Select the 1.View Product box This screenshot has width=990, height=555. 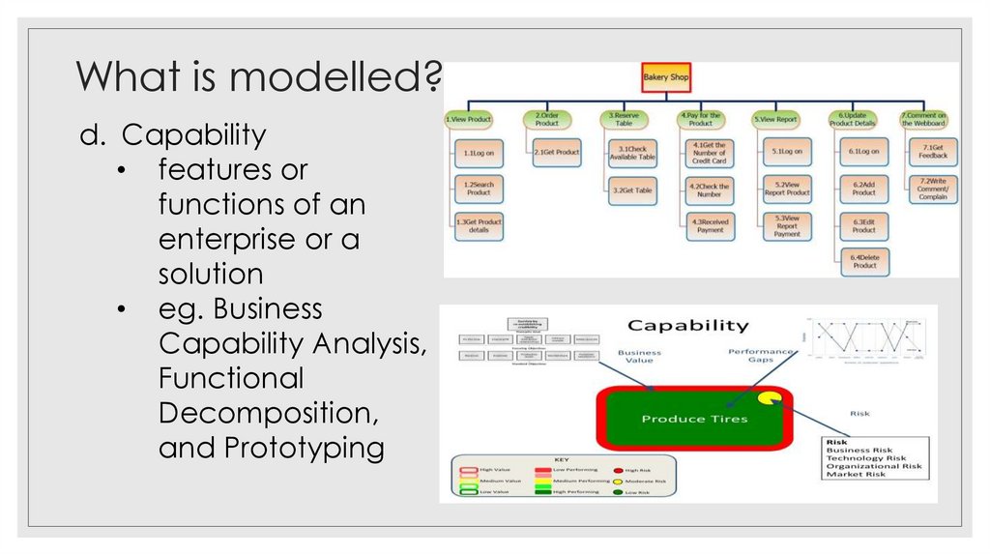(x=469, y=120)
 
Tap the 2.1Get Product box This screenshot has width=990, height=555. (x=556, y=153)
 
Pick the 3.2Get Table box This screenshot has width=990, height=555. (x=632, y=190)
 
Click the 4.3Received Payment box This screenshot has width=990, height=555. (x=710, y=225)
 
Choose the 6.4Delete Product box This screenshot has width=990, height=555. (x=864, y=261)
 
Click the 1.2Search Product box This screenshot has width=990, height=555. (x=479, y=189)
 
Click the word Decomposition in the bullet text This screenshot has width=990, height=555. (x=268, y=413)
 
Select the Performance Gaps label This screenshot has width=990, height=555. (x=762, y=356)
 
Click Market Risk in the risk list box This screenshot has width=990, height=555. (x=856, y=474)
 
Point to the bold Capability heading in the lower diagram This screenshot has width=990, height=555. (x=687, y=326)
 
